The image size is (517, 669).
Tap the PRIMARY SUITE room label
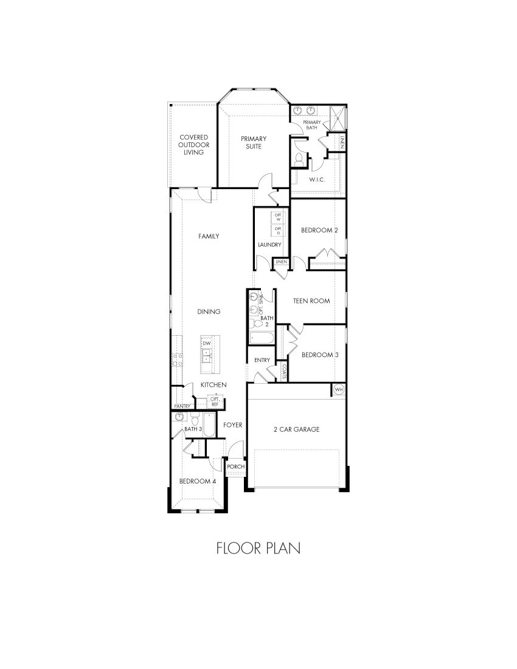[x=253, y=142]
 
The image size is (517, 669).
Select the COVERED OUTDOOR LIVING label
[x=194, y=145]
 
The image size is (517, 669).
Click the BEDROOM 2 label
[x=319, y=230]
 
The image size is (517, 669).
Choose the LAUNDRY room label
[x=269, y=244]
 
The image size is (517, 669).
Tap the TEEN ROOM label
[x=311, y=300]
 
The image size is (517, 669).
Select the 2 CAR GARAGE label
[x=296, y=429]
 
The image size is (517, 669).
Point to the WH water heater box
[x=339, y=389]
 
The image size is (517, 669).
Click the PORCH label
[x=235, y=466]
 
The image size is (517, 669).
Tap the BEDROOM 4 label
[x=197, y=481]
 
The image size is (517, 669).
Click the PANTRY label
[x=182, y=406]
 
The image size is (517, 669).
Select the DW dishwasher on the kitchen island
[x=207, y=344]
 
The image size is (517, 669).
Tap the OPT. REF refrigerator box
[x=215, y=401]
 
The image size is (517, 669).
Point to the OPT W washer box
[x=279, y=217]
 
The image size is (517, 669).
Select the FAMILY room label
[x=209, y=236]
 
